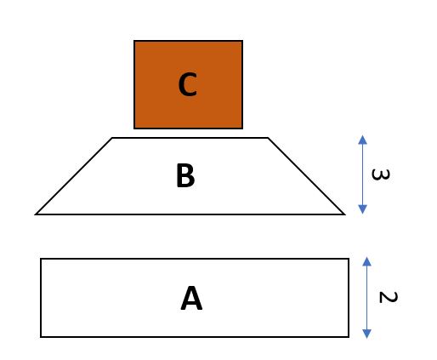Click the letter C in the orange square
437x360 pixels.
(188, 85)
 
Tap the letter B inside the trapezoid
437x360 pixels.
(185, 176)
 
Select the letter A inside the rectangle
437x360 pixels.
(192, 299)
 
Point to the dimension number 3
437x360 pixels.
(381, 175)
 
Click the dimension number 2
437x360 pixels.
(387, 298)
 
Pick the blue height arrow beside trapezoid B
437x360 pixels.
(362, 174)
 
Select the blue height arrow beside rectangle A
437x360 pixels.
(366, 297)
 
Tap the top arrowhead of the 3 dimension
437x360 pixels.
(362, 139)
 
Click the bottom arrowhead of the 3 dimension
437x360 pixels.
(362, 210)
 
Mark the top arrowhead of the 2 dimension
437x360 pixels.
(366, 260)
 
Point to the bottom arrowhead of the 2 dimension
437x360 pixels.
(366, 334)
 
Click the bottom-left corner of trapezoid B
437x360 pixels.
(37, 214)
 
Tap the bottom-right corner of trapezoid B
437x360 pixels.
(344, 214)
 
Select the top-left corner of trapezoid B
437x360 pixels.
(112, 138)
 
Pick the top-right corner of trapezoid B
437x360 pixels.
(268, 138)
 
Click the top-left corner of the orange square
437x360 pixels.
(134, 41)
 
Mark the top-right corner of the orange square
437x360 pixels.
(242, 41)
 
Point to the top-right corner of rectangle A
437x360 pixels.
(349, 259)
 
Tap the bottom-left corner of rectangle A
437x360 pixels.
(41, 336)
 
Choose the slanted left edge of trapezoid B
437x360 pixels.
(74, 176)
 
